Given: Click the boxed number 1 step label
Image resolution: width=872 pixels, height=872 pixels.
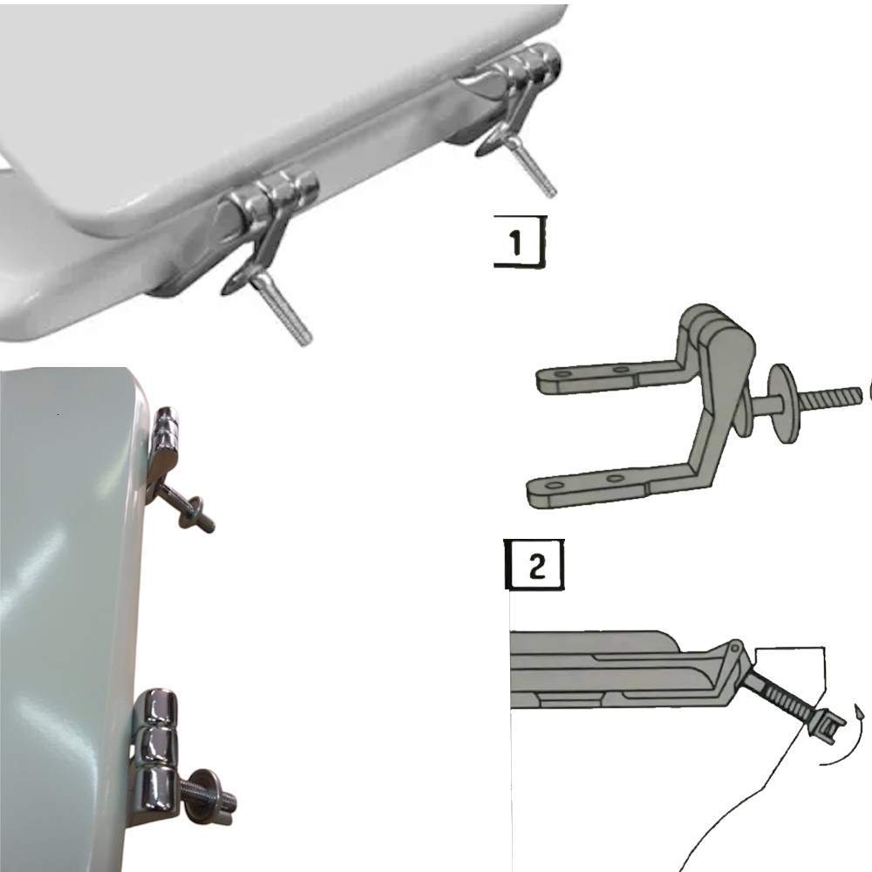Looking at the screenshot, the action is (x=520, y=242).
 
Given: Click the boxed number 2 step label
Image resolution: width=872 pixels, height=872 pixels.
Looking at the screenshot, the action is (x=535, y=564).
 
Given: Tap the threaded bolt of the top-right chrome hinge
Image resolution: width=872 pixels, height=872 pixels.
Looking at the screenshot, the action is (x=533, y=166).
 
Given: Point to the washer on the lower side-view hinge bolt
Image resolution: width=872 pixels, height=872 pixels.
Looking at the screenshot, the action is (x=198, y=797).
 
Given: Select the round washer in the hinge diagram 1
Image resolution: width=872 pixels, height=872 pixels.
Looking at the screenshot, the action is (x=782, y=395).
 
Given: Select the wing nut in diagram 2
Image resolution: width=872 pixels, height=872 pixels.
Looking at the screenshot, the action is (x=827, y=724).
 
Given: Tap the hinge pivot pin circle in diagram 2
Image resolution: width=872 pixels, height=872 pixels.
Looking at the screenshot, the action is (x=734, y=647).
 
